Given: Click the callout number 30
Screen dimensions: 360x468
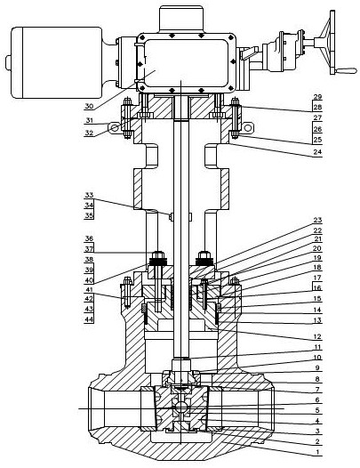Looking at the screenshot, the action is pyautogui.click(x=89, y=106).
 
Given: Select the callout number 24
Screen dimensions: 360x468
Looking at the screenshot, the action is pyautogui.click(x=317, y=151).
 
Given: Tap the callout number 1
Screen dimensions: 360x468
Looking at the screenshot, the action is pyautogui.click(x=317, y=452).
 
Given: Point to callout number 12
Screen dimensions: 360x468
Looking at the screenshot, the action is pyautogui.click(x=317, y=336).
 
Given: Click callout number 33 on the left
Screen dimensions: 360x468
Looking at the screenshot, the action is pyautogui.click(x=89, y=195).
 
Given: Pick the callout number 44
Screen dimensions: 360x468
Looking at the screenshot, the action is pyautogui.click(x=89, y=319).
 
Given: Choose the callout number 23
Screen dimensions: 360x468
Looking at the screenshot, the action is pyautogui.click(x=317, y=220).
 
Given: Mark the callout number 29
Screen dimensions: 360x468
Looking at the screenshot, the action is pyautogui.click(x=317, y=97).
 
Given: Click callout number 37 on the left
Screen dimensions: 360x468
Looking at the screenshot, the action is pyautogui.click(x=89, y=249).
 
